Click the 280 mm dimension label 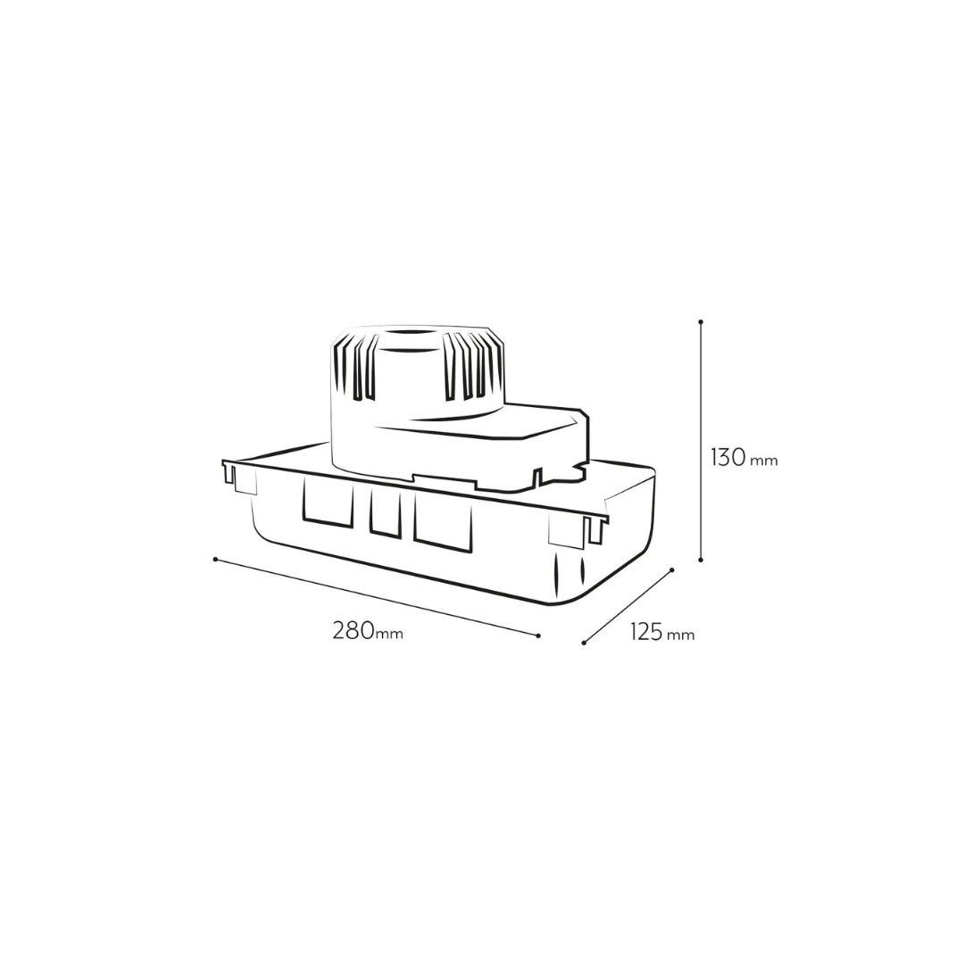[x=368, y=631]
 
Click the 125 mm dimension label [x=662, y=632]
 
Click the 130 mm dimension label [x=744, y=458]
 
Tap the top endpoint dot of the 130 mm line [x=701, y=321]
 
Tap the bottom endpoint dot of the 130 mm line [x=701, y=560]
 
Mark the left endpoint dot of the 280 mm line [x=215, y=559]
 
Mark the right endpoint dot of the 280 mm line [x=538, y=636]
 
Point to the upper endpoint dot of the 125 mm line [x=672, y=569]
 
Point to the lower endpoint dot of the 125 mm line [x=584, y=643]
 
